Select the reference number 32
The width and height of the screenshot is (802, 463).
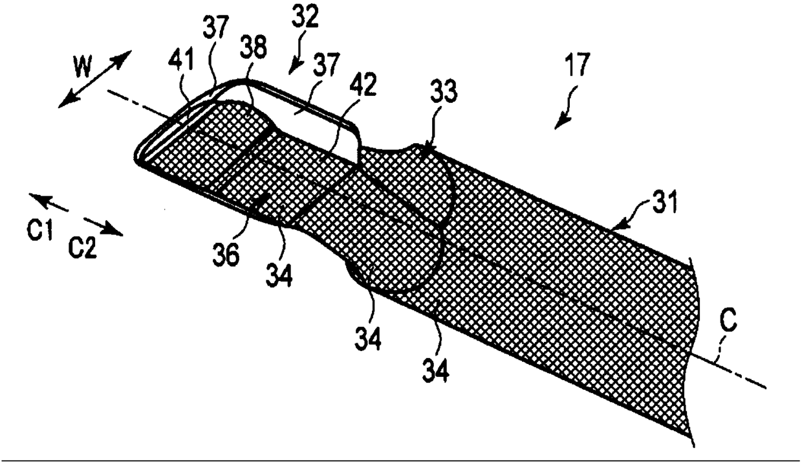[x=304, y=18]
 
